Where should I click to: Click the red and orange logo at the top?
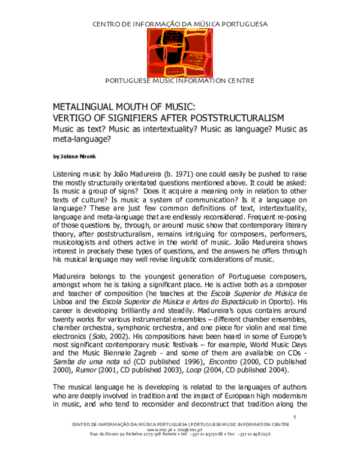[179, 52]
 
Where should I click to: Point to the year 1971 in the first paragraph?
[185, 173]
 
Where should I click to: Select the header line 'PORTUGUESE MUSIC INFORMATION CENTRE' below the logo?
[179, 80]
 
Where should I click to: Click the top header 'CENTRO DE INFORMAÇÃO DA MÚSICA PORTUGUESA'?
[179, 23]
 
